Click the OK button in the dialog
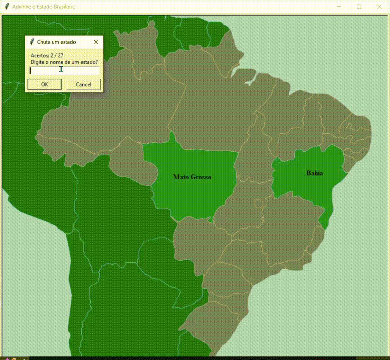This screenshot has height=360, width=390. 45,84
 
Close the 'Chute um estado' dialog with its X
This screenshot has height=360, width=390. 96,42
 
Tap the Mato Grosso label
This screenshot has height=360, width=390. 192,177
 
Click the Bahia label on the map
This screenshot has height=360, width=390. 315,173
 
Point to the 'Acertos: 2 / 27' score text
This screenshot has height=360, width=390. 47,55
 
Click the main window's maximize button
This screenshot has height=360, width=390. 359,7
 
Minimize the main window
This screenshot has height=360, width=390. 339,7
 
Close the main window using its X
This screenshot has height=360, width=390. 379,7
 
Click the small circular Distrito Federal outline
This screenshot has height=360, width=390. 258,203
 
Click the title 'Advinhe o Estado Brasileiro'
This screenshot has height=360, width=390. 44,7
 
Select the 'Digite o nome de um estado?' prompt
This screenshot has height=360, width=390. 64,62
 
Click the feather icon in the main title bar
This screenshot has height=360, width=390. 7,7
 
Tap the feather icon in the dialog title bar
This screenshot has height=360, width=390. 32,42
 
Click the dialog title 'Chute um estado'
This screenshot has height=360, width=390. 56,42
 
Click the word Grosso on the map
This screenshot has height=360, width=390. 201,177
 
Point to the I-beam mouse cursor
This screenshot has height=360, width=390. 61,69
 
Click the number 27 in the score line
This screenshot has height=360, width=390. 61,55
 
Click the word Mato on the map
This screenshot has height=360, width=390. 180,177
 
